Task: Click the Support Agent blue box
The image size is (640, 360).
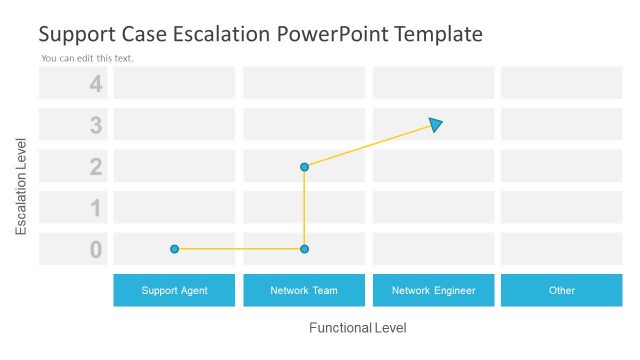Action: pyautogui.click(x=174, y=290)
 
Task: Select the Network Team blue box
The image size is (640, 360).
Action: pyautogui.click(x=304, y=290)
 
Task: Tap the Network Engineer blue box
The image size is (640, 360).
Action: pyautogui.click(x=433, y=290)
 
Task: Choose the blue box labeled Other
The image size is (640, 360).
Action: pyautogui.click(x=562, y=290)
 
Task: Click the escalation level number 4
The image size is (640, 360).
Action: pyautogui.click(x=96, y=84)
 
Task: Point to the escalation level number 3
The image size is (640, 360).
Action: pyautogui.click(x=96, y=125)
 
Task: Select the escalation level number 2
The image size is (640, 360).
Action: pyautogui.click(x=96, y=167)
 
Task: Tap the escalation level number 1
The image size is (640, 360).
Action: pyautogui.click(x=96, y=208)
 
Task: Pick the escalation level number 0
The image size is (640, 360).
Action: pyautogui.click(x=96, y=250)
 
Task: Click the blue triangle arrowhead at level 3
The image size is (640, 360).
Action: pyautogui.click(x=435, y=124)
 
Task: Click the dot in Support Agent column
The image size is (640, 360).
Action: pyautogui.click(x=174, y=248)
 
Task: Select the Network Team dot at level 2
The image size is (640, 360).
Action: pyautogui.click(x=304, y=167)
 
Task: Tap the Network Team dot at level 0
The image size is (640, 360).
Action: pyautogui.click(x=304, y=248)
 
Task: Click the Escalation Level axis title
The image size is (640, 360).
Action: pyautogui.click(x=21, y=193)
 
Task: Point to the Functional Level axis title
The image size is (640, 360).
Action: pyautogui.click(x=357, y=328)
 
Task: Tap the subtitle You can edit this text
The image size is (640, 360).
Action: pyautogui.click(x=87, y=58)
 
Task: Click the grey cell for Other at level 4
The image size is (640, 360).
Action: pyautogui.click(x=562, y=83)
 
